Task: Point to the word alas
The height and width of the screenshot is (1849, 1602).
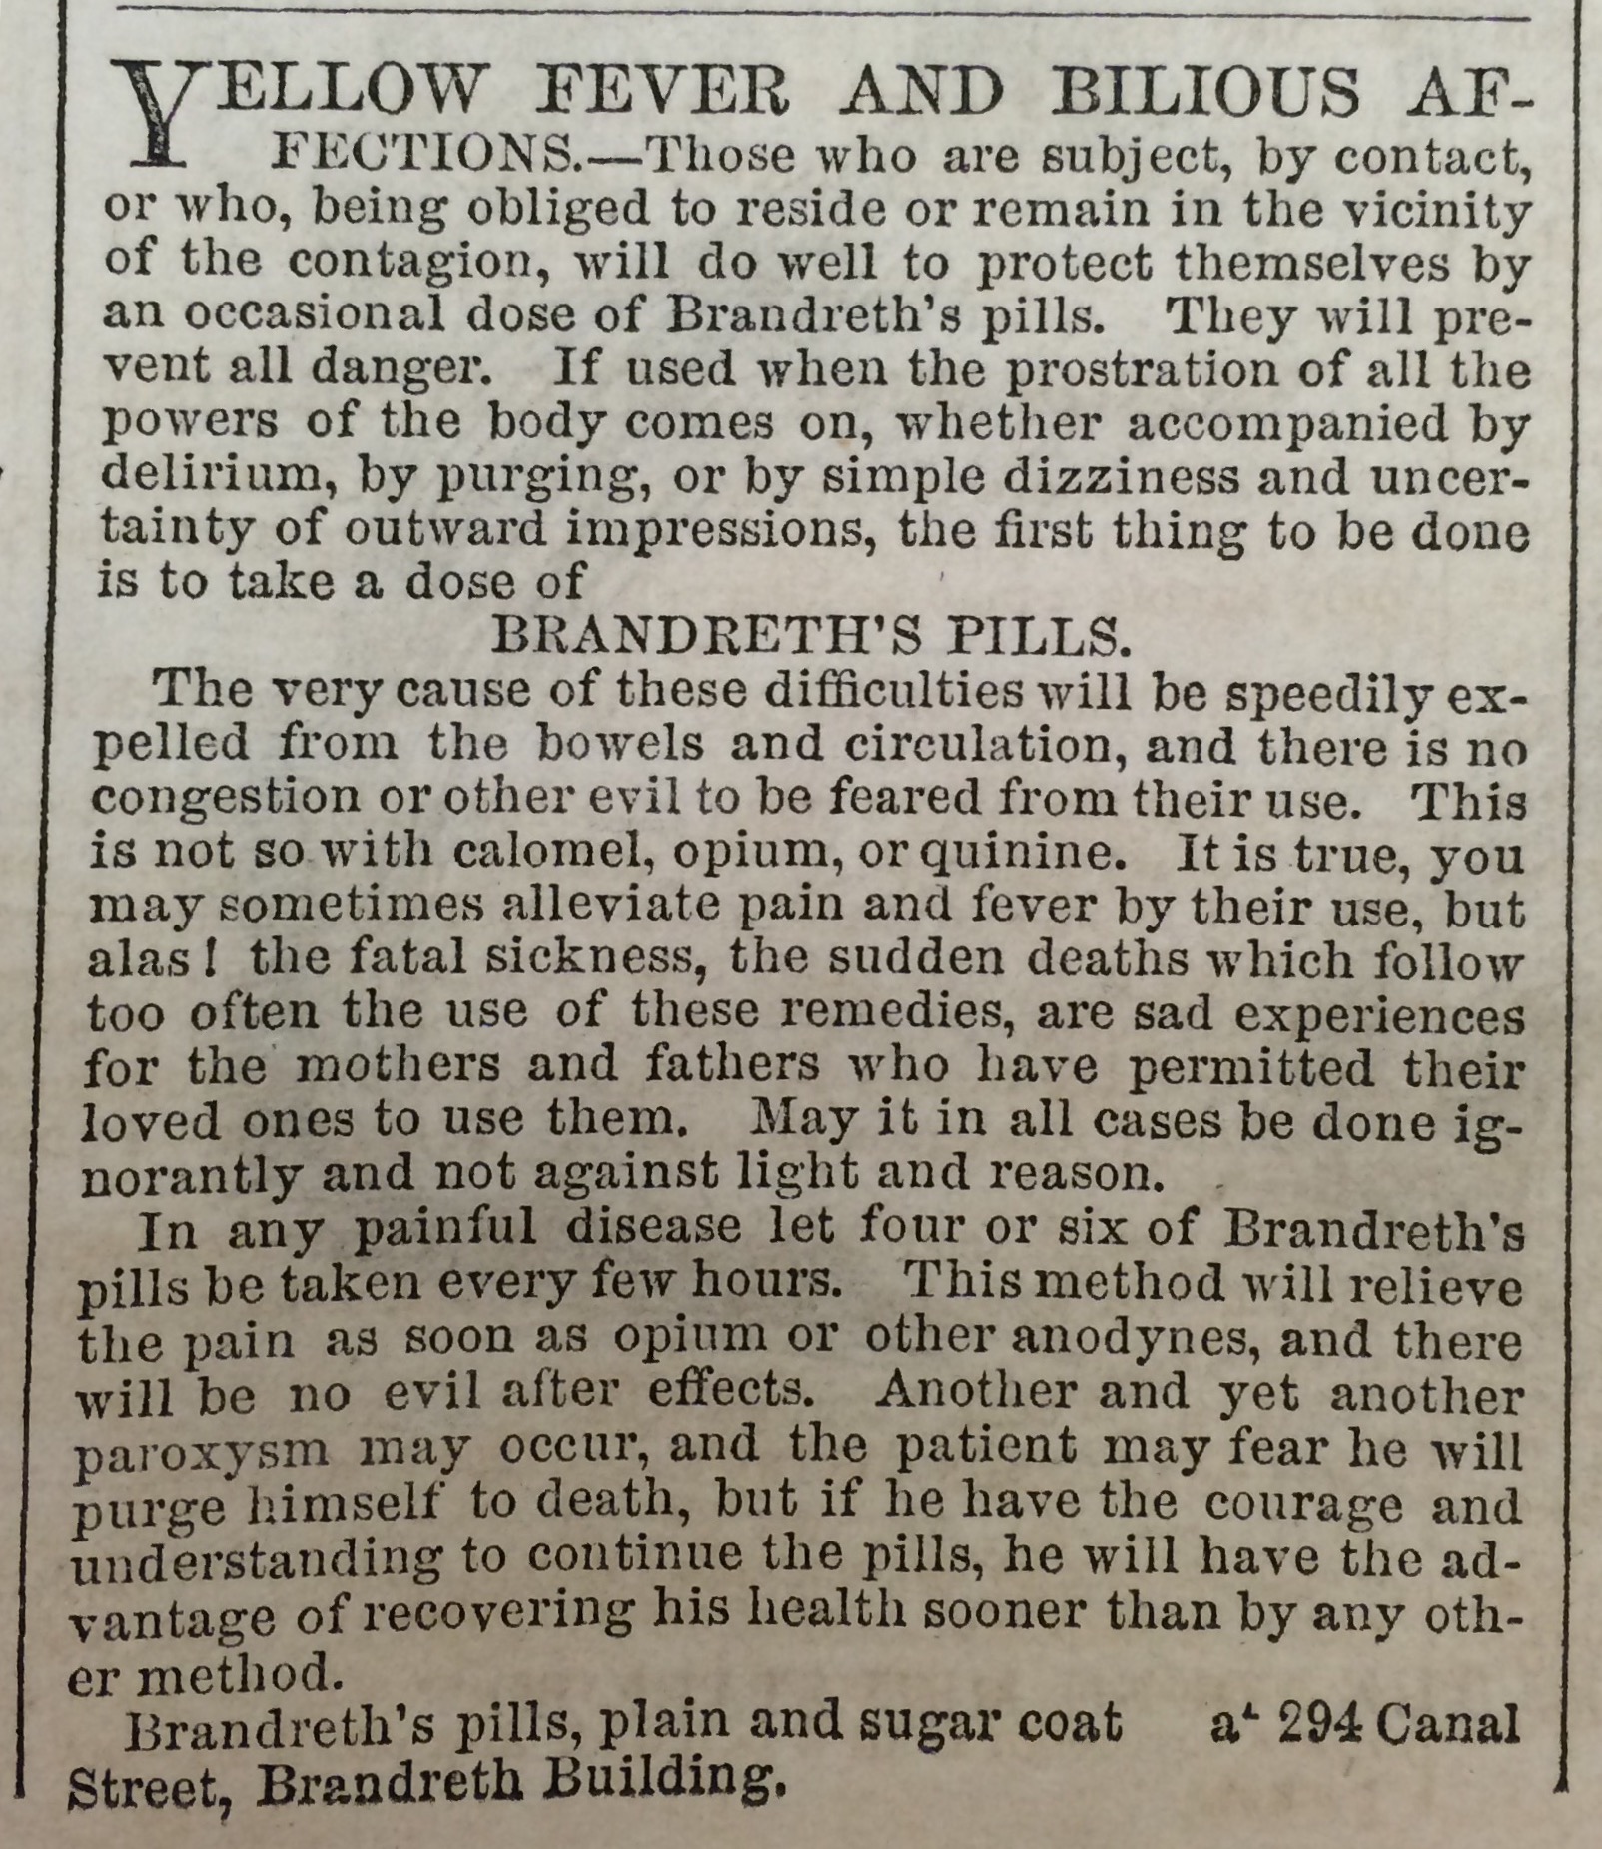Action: (x=145, y=959)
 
